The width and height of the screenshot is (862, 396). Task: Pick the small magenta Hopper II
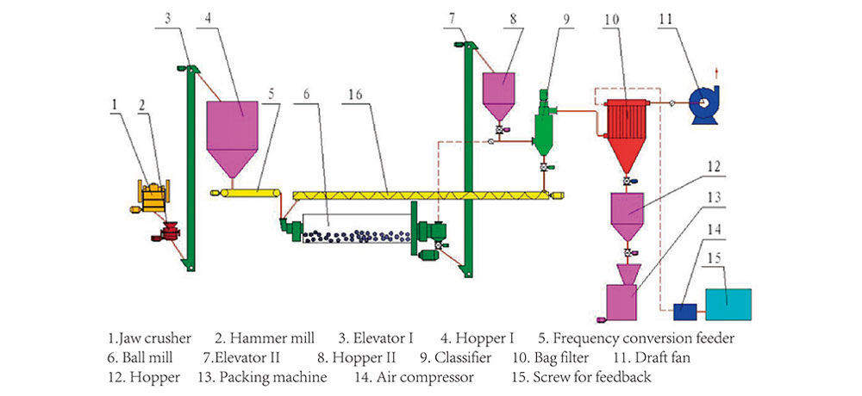(498, 90)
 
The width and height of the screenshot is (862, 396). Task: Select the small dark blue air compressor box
(686, 310)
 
